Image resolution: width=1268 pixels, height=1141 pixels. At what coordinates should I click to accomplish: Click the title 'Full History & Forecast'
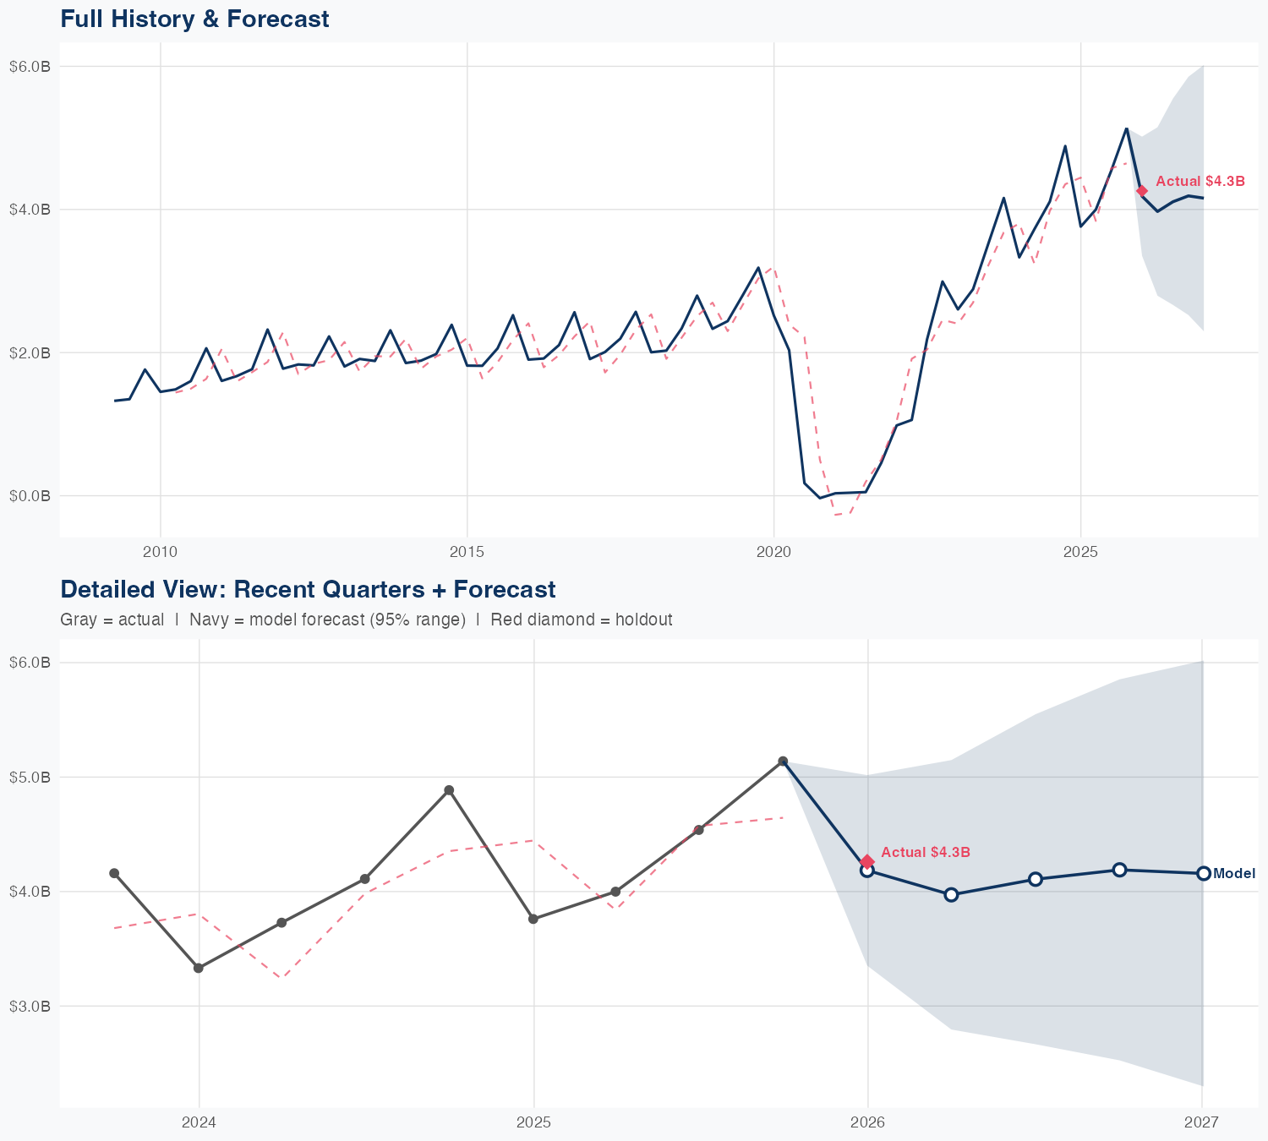click(194, 19)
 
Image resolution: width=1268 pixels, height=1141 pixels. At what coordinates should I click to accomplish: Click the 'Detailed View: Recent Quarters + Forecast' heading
click(308, 589)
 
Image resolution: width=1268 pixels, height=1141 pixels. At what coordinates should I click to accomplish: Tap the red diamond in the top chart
click(1142, 191)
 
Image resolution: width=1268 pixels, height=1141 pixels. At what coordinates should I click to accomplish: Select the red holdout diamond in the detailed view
click(867, 861)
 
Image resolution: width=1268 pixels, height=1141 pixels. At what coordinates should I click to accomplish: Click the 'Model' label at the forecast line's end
click(1234, 874)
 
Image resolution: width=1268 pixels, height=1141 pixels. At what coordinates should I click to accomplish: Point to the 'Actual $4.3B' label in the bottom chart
click(926, 852)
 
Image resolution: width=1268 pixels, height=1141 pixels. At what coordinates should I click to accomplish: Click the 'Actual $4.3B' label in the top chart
click(1200, 181)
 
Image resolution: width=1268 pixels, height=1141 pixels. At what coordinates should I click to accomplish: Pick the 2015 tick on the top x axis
click(467, 552)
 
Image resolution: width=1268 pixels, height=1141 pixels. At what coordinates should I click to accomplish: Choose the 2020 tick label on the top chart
click(773, 552)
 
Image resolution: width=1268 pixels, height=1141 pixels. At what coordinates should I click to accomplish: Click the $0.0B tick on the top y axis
click(30, 495)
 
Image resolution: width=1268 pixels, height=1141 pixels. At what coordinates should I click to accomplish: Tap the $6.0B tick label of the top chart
click(30, 66)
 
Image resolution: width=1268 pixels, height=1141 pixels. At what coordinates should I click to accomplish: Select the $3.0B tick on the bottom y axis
click(30, 1006)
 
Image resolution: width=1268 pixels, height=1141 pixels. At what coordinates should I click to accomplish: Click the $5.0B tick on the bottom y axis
click(30, 777)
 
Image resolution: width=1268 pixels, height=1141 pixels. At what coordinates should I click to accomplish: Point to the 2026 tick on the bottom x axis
click(867, 1122)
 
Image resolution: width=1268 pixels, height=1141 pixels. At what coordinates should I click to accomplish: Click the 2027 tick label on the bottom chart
click(1201, 1122)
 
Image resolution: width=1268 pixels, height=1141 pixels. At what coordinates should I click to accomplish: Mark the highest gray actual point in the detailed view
click(783, 762)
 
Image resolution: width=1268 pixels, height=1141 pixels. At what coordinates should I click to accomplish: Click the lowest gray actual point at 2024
click(199, 968)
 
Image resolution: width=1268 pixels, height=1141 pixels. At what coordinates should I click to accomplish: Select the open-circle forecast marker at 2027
click(1203, 873)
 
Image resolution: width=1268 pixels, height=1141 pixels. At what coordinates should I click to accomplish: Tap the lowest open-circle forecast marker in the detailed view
click(951, 894)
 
